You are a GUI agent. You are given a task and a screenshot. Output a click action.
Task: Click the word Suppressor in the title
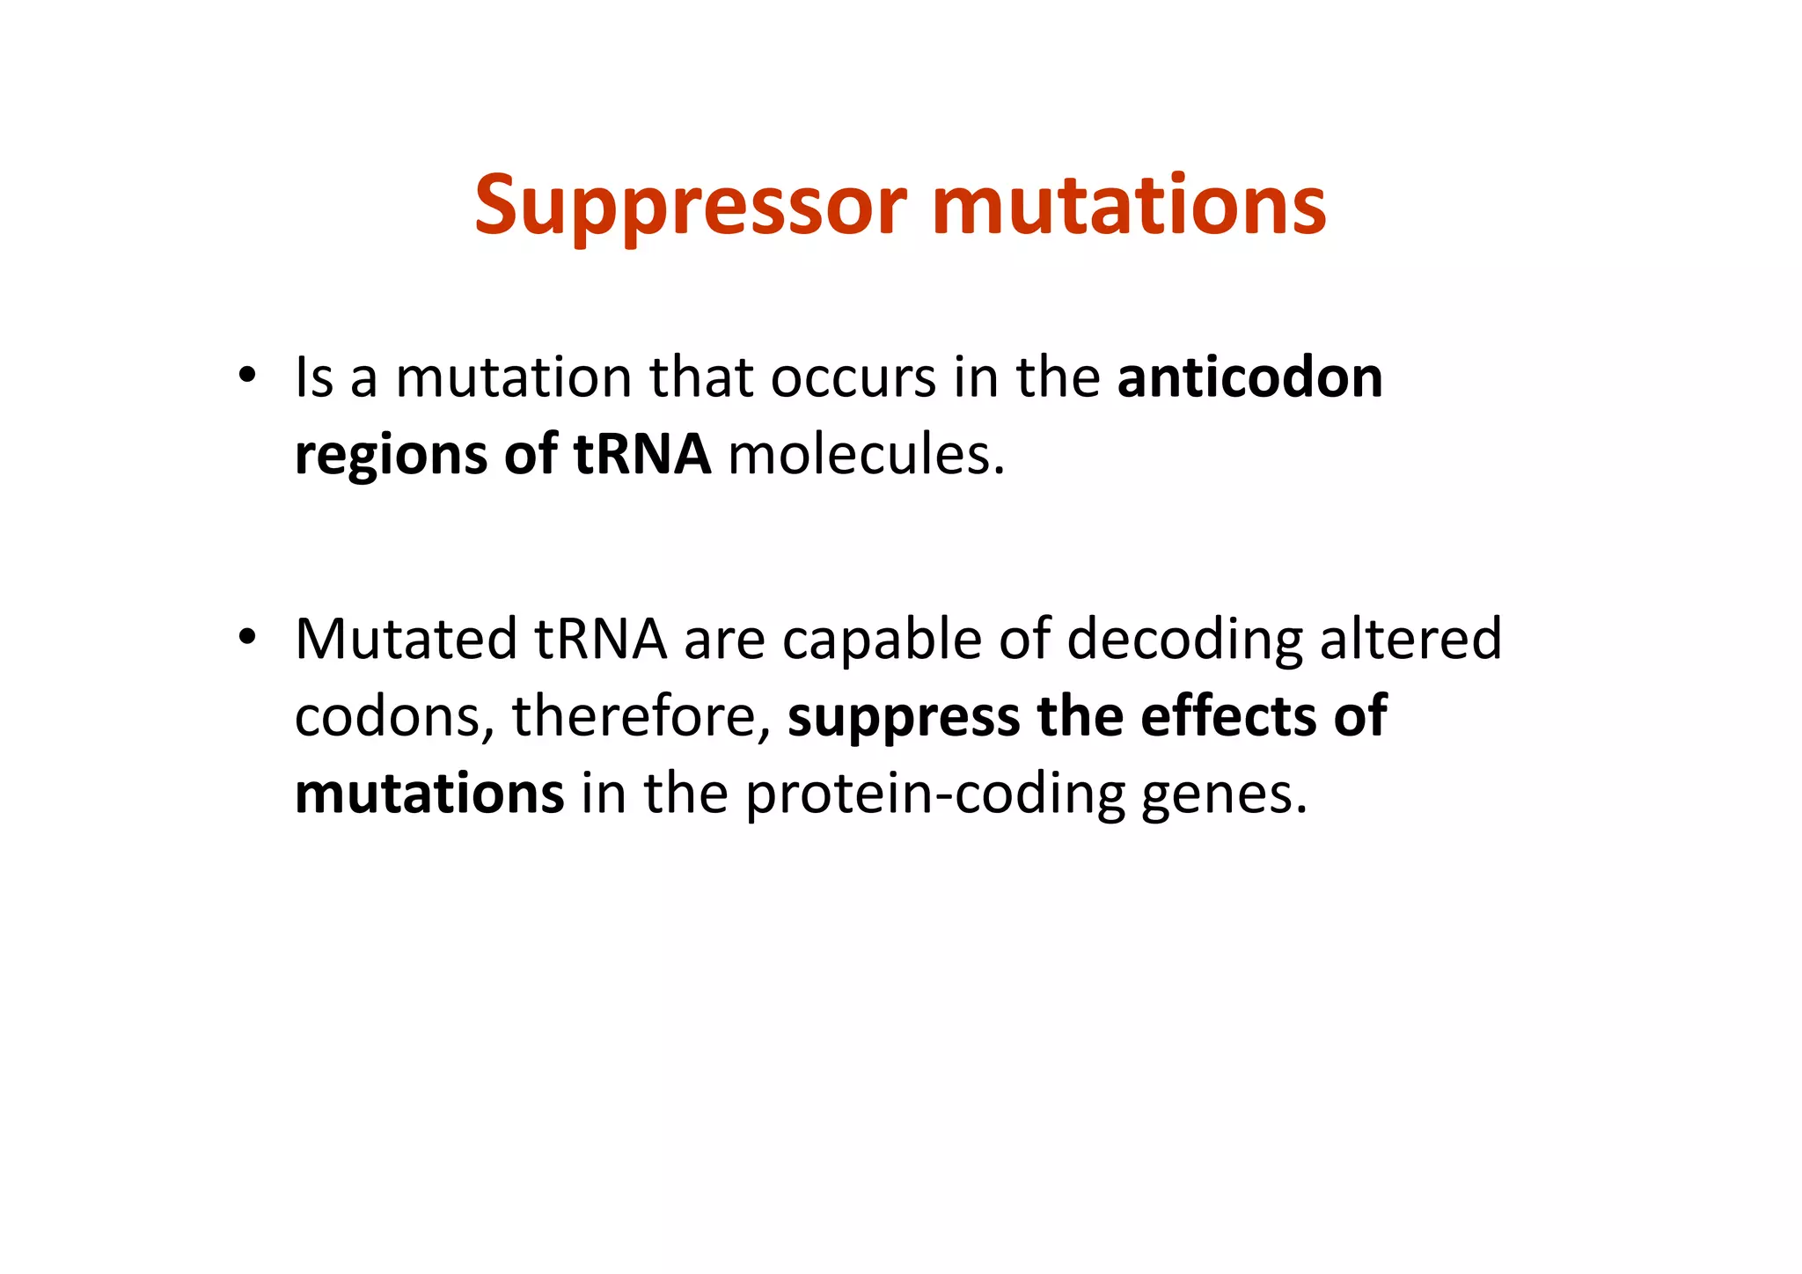pos(690,206)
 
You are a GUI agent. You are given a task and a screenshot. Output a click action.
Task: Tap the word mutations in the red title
pos(1128,206)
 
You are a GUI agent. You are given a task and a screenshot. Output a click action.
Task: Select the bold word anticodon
pos(1249,377)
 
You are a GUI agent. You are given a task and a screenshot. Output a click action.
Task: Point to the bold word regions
pos(391,456)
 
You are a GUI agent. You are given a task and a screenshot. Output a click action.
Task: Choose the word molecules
pos(866,455)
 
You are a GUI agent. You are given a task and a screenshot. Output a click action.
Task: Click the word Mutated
pos(406,639)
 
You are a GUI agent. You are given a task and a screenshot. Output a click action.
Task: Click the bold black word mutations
pos(429,794)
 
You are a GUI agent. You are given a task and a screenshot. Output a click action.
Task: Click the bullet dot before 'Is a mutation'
pos(247,375)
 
